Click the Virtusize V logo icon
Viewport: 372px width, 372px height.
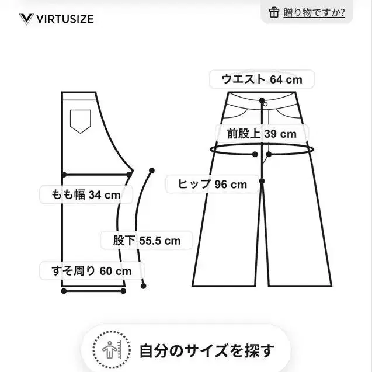[x=26, y=19]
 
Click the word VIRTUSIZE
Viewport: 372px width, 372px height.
[x=65, y=19]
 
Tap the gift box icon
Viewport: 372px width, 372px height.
[x=274, y=12]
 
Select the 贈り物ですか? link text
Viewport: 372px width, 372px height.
[x=314, y=13]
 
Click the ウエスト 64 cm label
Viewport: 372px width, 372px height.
[x=262, y=79]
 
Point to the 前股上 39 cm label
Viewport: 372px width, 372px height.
[x=262, y=134]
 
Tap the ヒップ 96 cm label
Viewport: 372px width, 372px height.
[x=213, y=184]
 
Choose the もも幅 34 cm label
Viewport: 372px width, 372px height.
[x=86, y=195]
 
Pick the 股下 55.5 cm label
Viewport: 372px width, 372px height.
[x=147, y=241]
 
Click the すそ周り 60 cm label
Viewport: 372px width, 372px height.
[x=92, y=271]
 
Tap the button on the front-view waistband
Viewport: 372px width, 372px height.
[x=266, y=104]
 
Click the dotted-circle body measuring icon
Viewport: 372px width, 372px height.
[x=112, y=350]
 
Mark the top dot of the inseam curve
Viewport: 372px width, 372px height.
[x=152, y=171]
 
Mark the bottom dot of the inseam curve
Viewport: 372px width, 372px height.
[x=143, y=286]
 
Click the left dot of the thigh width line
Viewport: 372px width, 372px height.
[x=64, y=175]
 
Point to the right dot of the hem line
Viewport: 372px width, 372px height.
[x=123, y=291]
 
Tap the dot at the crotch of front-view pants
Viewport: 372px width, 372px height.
[x=262, y=181]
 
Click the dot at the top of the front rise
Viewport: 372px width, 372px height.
[x=262, y=100]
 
